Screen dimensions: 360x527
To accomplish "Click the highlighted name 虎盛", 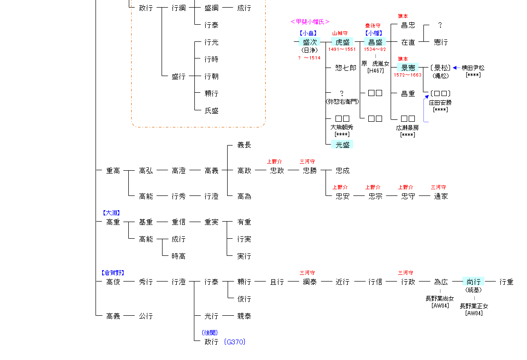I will (x=342, y=42).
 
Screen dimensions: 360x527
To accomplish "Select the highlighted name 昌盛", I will (x=375, y=42).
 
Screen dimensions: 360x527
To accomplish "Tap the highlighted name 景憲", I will (x=408, y=68).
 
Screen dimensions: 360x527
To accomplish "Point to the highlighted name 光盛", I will (x=342, y=145).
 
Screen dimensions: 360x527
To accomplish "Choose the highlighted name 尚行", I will (x=473, y=282).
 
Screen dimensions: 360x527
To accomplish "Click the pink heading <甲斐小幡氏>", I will (x=310, y=22).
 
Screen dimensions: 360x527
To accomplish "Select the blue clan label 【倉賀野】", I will (x=113, y=273).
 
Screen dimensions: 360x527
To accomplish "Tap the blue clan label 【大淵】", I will (x=111, y=213).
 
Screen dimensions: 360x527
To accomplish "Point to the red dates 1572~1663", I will (x=408, y=75).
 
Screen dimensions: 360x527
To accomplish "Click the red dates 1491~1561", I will (x=342, y=49).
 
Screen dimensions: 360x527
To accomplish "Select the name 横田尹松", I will (x=473, y=68).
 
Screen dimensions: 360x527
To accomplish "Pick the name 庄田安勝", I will (x=441, y=102).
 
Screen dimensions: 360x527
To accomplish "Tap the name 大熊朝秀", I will (x=342, y=127).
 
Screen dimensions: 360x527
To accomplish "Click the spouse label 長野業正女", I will (x=474, y=306).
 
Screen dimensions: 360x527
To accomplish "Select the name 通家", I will (x=441, y=196).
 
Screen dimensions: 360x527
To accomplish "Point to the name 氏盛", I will (x=211, y=111).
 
